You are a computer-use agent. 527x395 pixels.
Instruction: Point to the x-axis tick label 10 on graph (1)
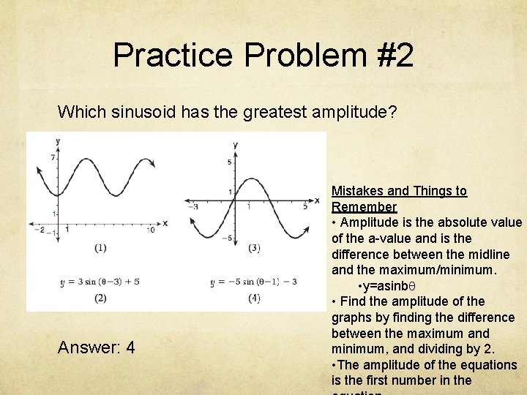(150, 230)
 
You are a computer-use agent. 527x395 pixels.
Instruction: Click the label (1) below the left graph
(100, 248)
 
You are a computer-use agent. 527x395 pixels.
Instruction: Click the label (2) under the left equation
(100, 298)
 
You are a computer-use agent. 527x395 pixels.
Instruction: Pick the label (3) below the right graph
(254, 248)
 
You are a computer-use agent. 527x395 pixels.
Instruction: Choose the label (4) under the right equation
(254, 298)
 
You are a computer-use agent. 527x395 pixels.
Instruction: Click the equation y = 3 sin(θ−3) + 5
(100, 281)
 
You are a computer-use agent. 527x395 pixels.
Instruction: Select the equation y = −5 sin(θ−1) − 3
(253, 281)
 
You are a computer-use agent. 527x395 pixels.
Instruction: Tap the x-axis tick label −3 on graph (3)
(193, 207)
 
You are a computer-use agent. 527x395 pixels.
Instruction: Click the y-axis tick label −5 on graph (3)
(228, 238)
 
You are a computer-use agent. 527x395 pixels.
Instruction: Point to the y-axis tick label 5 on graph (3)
(229, 162)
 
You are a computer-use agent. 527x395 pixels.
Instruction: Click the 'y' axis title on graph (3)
(235, 145)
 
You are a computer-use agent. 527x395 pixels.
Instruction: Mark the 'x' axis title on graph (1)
(165, 223)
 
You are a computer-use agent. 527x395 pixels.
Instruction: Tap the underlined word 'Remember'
(364, 207)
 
